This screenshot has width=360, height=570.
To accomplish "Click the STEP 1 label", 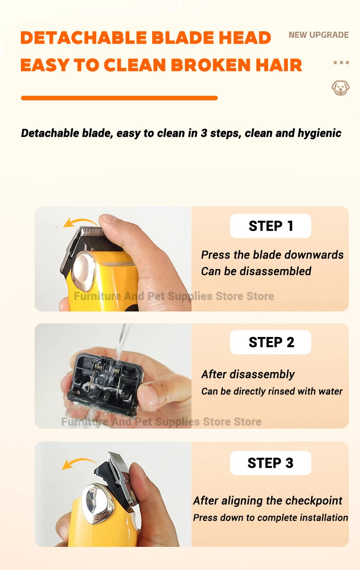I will (271, 226).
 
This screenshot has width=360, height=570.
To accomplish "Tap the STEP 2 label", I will (271, 342).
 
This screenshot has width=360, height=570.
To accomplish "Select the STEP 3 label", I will (271, 463).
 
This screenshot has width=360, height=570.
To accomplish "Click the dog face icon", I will (340, 88).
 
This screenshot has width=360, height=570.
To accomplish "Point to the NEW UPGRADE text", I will (319, 35).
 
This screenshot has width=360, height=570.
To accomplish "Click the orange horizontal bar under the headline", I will (119, 98).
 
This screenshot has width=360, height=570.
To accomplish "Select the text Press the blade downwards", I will (272, 255).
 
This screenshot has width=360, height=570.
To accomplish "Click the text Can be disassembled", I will (256, 271).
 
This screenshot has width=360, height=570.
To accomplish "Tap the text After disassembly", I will (248, 374).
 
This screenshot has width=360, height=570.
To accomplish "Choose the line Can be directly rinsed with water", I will (272, 391).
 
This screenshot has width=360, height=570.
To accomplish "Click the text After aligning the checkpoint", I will (267, 501).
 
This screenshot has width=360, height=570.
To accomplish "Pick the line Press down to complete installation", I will (270, 518).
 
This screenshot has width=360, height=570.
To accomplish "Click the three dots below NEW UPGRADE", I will (341, 62).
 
